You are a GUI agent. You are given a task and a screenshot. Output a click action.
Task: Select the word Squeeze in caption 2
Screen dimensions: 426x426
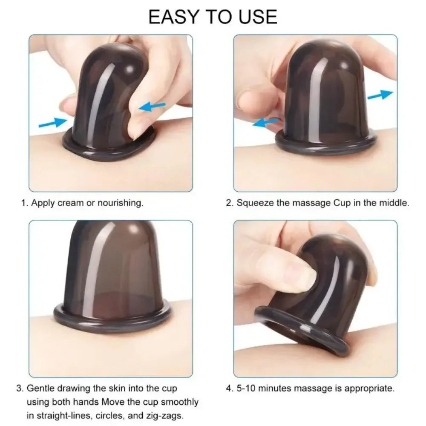tap(255, 203)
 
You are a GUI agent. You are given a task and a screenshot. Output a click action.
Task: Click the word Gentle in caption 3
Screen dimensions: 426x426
tap(42, 389)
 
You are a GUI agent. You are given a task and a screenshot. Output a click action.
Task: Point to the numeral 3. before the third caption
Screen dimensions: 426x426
tap(20, 389)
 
